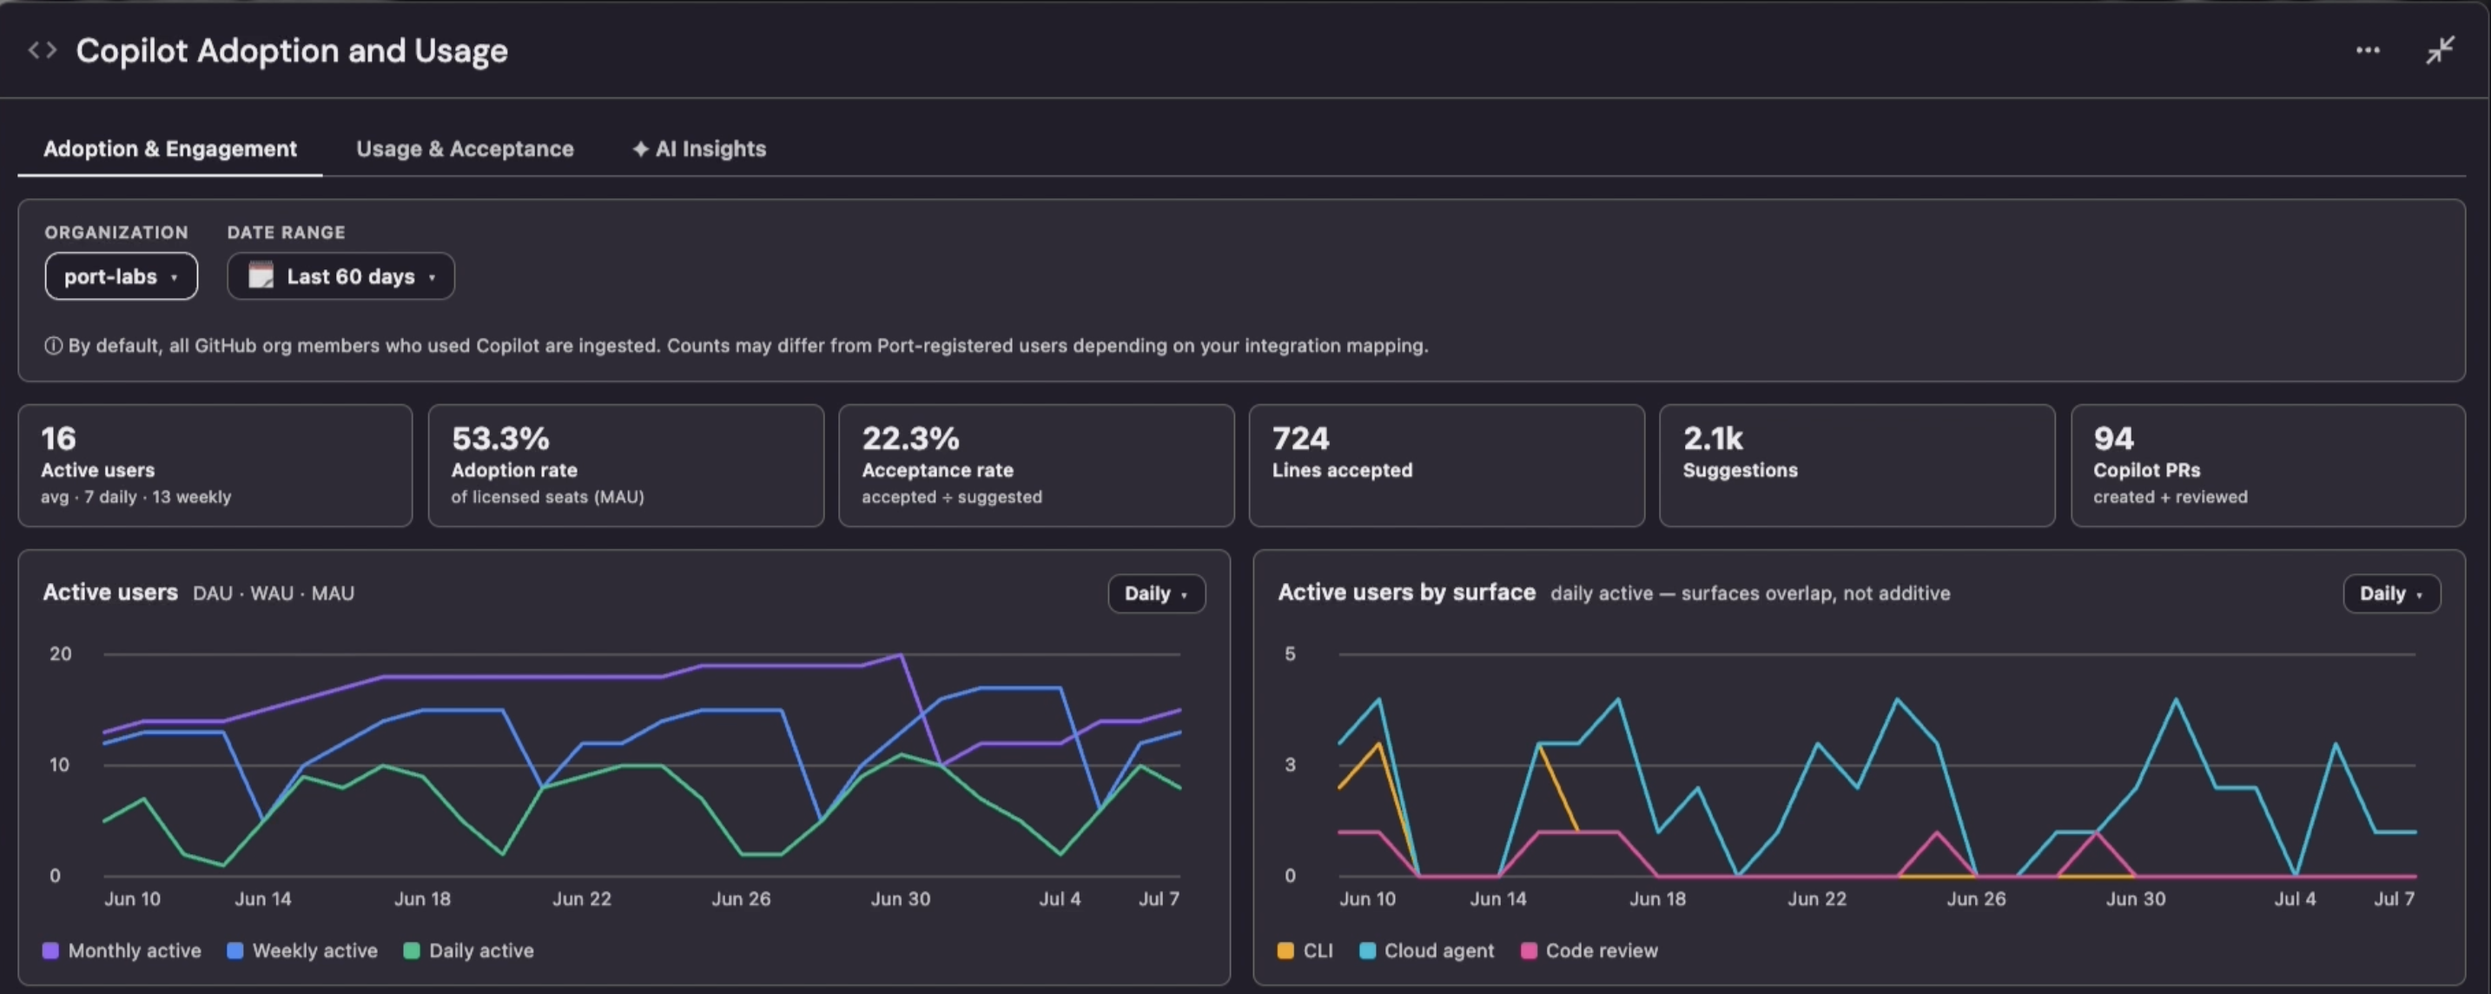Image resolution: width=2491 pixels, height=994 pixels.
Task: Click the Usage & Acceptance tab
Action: [464, 149]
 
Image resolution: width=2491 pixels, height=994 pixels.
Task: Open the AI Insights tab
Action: [699, 149]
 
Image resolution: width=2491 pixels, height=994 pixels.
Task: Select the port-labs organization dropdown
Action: [121, 276]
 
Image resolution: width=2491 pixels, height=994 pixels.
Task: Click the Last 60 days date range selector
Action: [340, 276]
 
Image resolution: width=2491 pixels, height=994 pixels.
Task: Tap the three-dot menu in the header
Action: [2367, 50]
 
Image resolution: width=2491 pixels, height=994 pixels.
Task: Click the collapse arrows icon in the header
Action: [2440, 50]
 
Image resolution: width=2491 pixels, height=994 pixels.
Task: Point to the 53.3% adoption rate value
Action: [500, 439]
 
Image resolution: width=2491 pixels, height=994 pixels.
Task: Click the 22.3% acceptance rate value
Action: [910, 439]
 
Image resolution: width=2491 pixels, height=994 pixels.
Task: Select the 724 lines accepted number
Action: [1300, 439]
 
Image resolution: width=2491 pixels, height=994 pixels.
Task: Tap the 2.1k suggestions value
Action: [1713, 439]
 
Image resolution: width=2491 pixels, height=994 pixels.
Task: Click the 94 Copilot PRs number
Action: [2113, 439]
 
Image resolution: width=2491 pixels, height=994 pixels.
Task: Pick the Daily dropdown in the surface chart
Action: [2391, 593]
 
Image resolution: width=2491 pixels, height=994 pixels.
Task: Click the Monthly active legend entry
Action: [122, 951]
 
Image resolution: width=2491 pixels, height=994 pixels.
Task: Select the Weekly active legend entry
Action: [301, 951]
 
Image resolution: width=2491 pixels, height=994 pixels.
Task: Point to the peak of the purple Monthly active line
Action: [902, 654]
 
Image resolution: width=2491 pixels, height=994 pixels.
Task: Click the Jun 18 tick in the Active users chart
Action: [423, 899]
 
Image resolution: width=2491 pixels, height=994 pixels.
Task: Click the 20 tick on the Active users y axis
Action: [60, 653]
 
